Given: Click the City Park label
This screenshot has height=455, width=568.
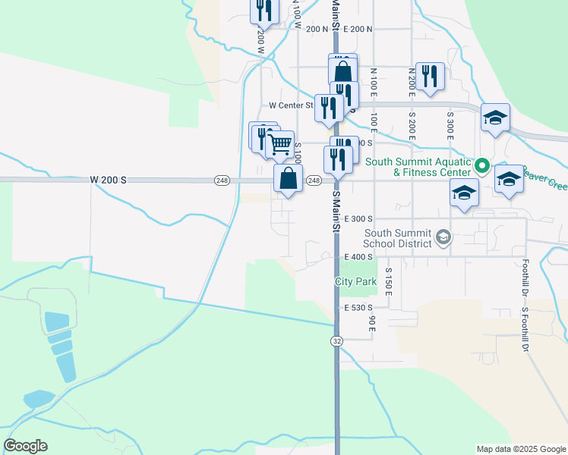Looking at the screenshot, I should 356,281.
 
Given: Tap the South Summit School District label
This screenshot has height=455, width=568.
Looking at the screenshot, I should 397,238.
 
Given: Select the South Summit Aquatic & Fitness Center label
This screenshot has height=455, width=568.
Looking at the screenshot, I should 419,167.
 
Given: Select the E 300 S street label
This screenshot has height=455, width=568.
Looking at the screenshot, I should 359,218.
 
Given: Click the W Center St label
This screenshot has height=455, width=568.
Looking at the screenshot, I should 291,106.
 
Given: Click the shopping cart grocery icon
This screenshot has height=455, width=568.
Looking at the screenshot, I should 281,143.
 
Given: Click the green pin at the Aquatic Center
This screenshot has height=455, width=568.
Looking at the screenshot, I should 481,165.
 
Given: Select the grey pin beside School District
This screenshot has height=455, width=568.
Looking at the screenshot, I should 444,238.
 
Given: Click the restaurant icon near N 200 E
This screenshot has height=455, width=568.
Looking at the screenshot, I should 430,76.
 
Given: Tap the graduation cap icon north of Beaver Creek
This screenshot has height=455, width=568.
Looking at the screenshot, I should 495,117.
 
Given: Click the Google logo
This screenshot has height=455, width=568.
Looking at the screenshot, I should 25,446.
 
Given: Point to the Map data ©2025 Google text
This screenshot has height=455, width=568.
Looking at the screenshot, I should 520,449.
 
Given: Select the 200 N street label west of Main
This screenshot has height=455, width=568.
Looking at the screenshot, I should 317,29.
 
